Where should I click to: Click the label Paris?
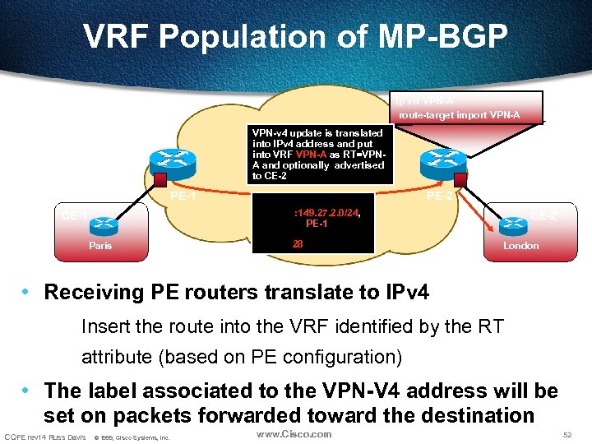[x=102, y=246]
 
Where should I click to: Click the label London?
[x=521, y=246]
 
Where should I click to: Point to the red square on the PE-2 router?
[x=461, y=179]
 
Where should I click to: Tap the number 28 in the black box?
[x=298, y=243]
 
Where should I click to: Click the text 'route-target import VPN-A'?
[x=459, y=115]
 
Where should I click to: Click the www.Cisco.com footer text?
[x=294, y=434]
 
